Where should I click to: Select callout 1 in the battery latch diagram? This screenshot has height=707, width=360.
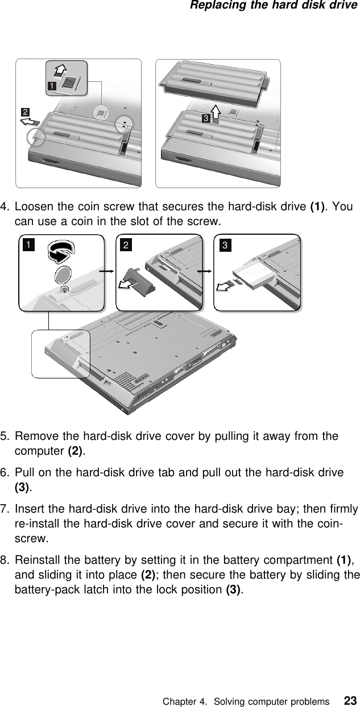(x=52, y=86)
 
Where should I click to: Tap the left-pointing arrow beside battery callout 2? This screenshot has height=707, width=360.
(x=33, y=122)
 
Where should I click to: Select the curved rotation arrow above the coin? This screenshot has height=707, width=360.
(x=60, y=251)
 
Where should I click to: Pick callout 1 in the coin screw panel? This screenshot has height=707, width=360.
(x=28, y=245)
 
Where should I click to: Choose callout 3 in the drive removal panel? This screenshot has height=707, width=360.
(x=225, y=245)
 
